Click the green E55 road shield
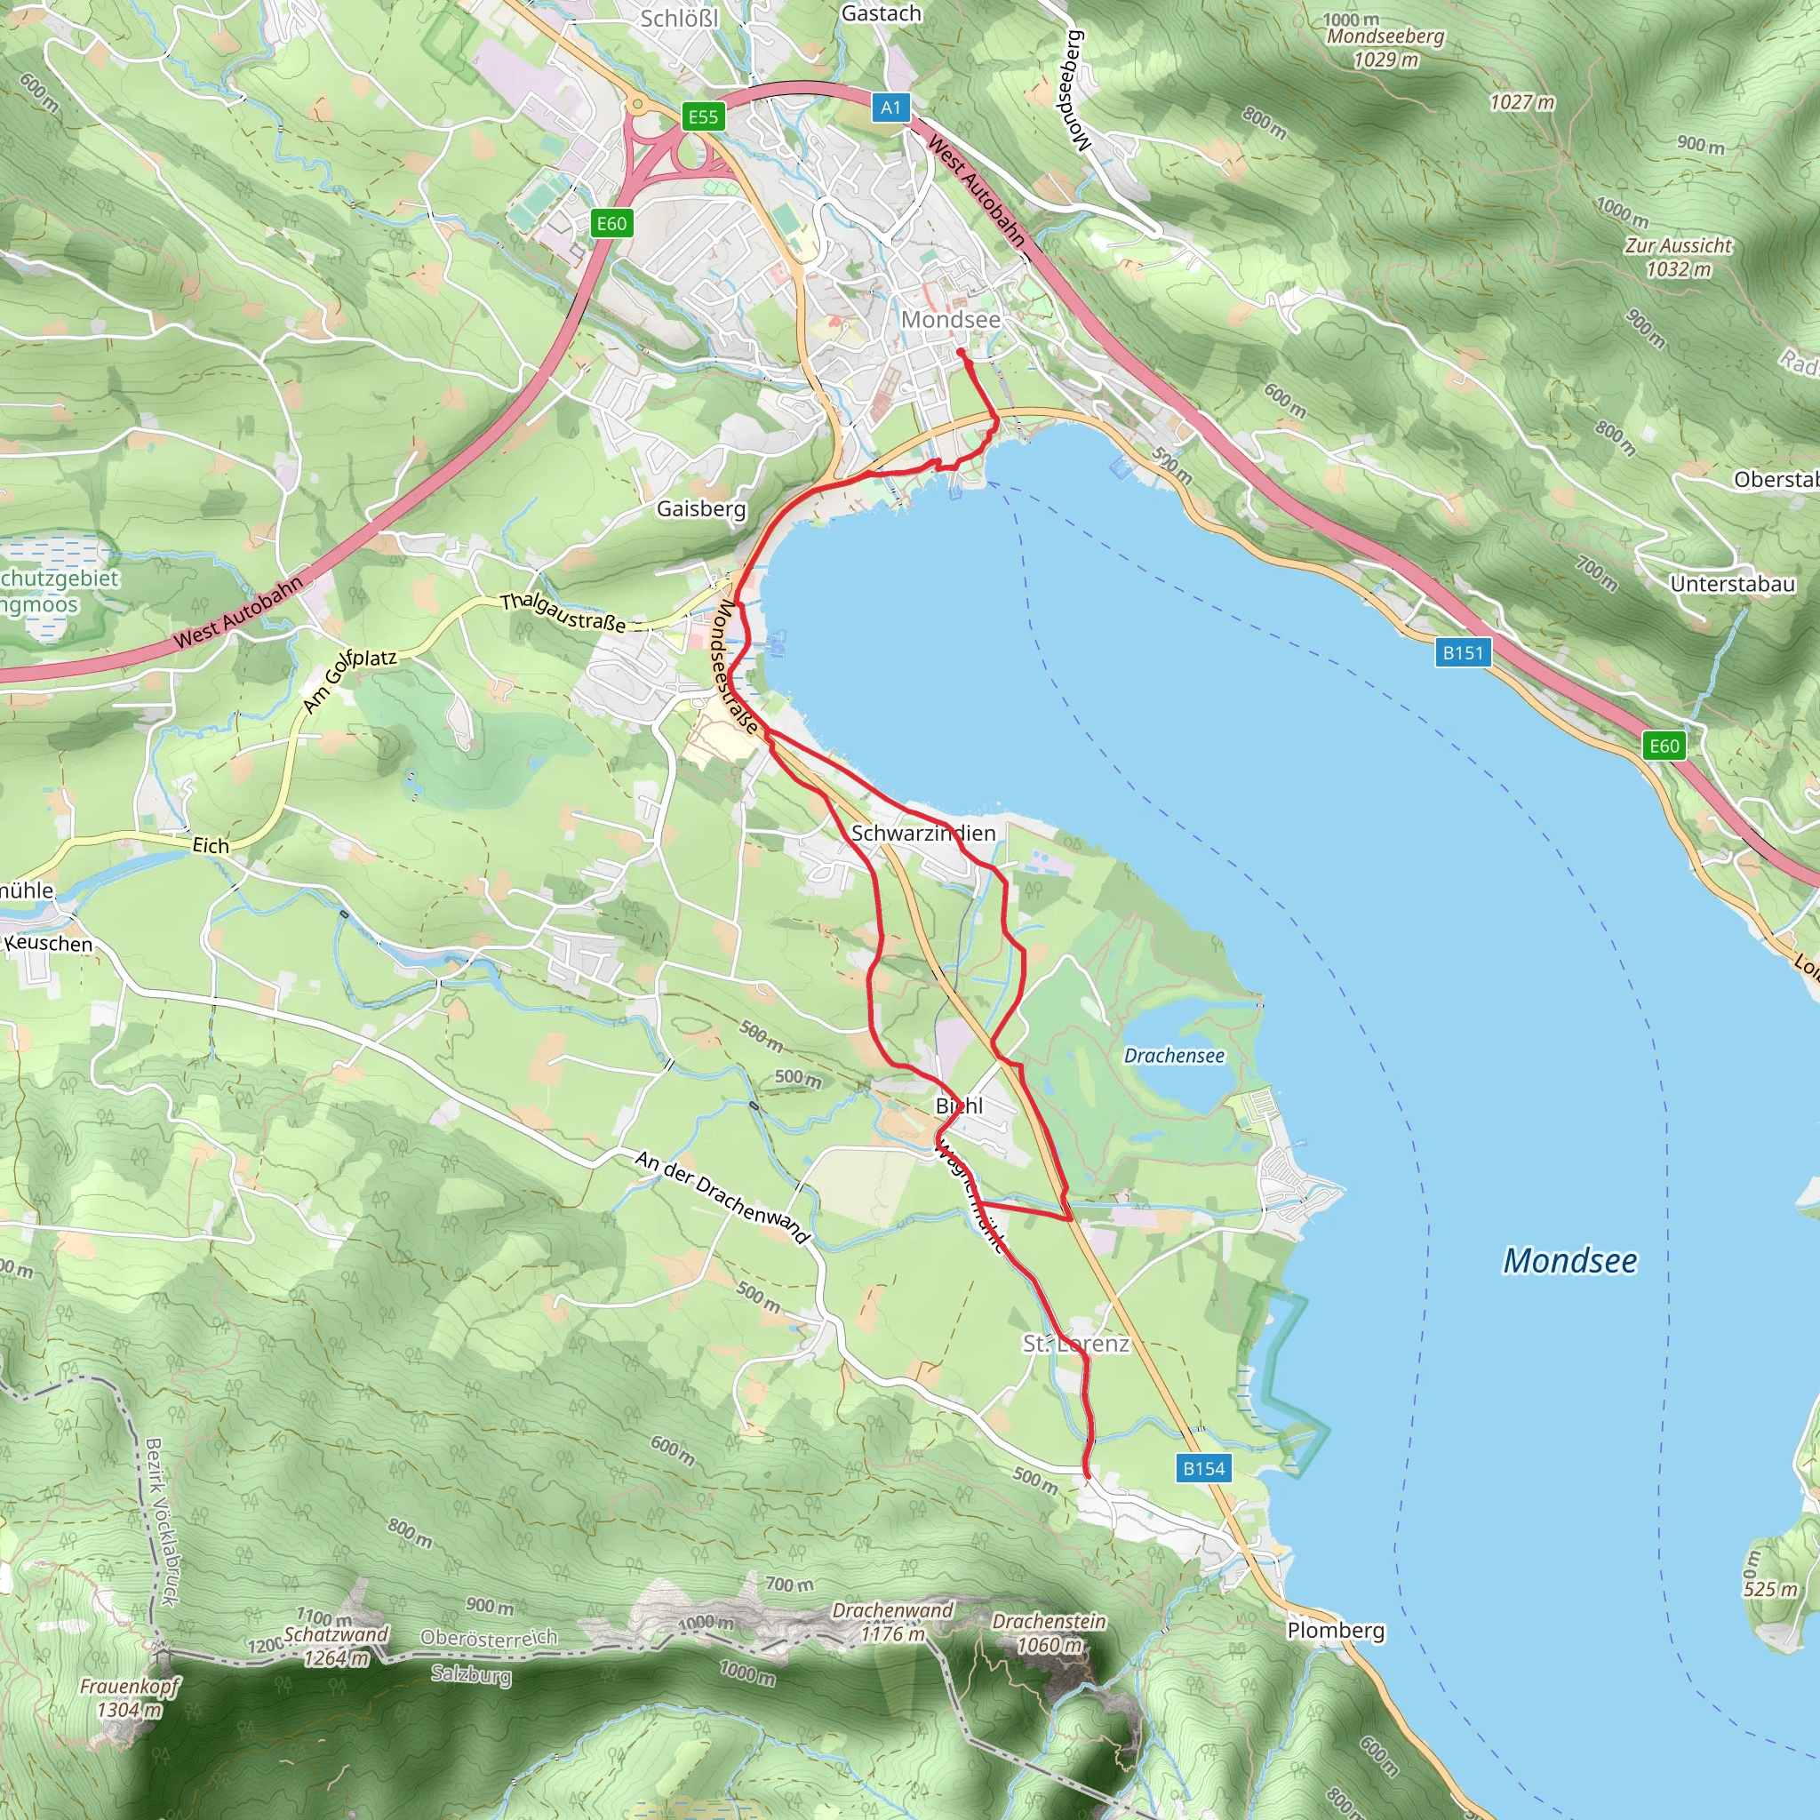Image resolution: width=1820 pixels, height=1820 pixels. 703,116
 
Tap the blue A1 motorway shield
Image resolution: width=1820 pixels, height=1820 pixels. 890,108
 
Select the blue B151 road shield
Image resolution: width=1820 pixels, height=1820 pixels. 1463,652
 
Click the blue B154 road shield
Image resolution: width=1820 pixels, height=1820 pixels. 1204,1468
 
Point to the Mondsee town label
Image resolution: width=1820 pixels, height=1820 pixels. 951,319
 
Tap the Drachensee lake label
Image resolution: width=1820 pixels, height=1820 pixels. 1174,1055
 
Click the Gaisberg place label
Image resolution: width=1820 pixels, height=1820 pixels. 701,508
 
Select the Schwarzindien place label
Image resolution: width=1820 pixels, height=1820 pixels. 923,833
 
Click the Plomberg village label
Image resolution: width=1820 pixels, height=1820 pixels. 1335,1630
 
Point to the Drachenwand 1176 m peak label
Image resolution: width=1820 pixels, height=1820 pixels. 892,1621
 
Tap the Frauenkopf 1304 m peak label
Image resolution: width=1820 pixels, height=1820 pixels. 130,1697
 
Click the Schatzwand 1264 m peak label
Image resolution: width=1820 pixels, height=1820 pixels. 336,1646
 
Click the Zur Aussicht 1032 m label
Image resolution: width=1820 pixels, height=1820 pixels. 1678,256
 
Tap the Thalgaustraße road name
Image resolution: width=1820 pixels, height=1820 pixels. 563,612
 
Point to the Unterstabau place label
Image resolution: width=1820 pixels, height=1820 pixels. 1732,584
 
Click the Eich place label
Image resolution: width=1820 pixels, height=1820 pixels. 210,846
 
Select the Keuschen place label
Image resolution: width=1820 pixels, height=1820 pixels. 48,943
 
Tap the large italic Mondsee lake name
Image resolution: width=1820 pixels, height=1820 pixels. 1569,1260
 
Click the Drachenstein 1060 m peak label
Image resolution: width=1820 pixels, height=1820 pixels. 1049,1632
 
